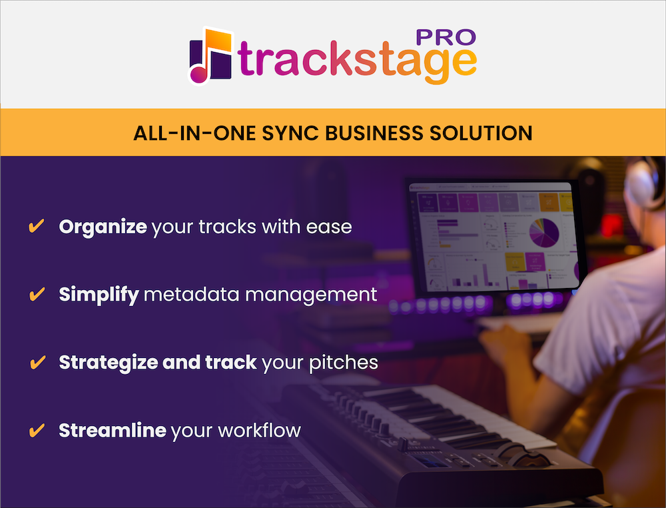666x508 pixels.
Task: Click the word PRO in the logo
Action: pos(446,37)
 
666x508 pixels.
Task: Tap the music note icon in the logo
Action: pos(210,56)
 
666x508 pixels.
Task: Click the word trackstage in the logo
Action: pos(357,61)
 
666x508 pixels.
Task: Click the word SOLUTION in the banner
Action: pos(481,133)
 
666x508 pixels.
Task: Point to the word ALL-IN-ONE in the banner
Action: pos(194,133)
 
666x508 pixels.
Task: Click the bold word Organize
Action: pos(103,227)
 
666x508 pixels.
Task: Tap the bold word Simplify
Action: pos(99,295)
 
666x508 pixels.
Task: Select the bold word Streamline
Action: pos(112,430)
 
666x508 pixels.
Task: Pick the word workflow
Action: pos(259,430)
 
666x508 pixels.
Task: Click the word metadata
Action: pos(192,295)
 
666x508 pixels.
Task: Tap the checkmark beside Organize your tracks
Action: pos(37,226)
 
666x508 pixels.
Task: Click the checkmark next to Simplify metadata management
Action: pos(37,294)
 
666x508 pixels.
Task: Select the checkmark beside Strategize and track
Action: pos(38,362)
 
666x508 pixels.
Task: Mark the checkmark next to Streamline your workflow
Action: pos(37,430)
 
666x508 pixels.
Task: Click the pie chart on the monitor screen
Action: pos(543,233)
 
